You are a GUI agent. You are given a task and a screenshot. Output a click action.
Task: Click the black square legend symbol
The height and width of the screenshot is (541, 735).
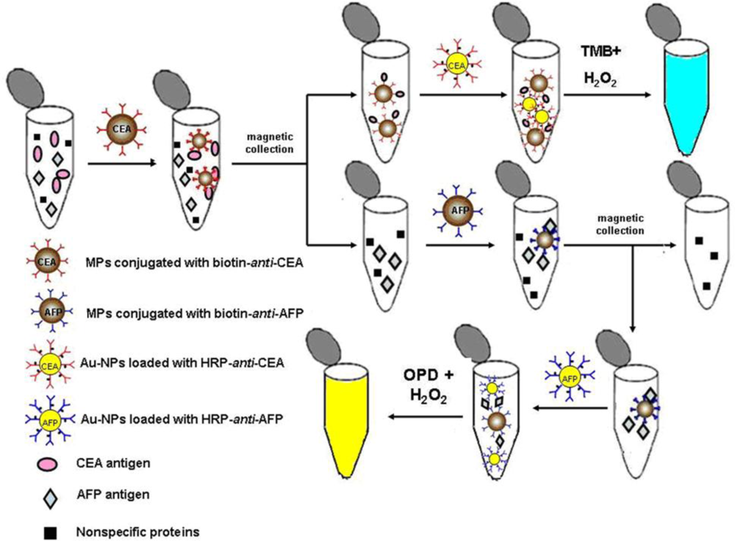[x=48, y=529]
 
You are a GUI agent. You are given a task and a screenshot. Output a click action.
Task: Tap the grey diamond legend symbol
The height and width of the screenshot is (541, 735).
[x=49, y=497]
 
